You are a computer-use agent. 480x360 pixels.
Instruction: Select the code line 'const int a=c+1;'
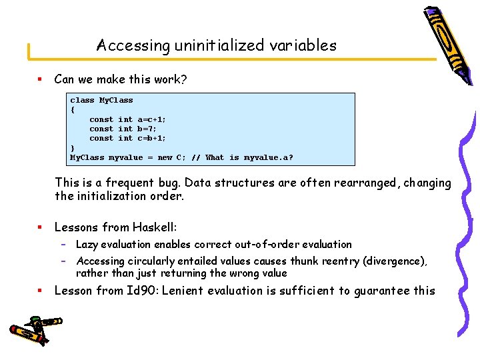coord(128,119)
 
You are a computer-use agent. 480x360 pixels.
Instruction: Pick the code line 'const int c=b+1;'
coord(128,138)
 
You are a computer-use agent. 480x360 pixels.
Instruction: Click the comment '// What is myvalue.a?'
coord(242,157)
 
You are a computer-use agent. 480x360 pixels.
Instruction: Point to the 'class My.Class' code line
coord(101,100)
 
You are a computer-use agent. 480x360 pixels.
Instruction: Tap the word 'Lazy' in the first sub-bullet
coord(87,245)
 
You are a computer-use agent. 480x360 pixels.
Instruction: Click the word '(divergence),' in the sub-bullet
coord(395,261)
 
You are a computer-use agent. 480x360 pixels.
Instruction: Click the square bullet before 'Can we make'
coord(39,80)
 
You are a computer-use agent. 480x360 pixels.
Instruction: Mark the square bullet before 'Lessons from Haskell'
coord(39,228)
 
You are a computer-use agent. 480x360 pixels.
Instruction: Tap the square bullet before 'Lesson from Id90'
coord(39,291)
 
